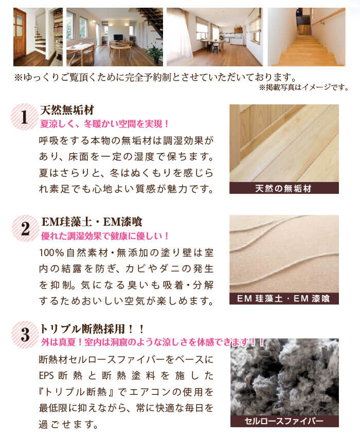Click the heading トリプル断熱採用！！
click(x=92, y=329)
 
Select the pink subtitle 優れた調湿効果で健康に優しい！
click(x=105, y=236)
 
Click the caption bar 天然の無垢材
click(x=284, y=188)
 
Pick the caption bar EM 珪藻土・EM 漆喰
click(x=284, y=299)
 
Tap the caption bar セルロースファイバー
click(x=284, y=421)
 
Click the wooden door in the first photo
click(x=20, y=33)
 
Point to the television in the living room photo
click(x=118, y=37)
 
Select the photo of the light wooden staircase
click(x=307, y=37)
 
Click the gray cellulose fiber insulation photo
click(x=284, y=376)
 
